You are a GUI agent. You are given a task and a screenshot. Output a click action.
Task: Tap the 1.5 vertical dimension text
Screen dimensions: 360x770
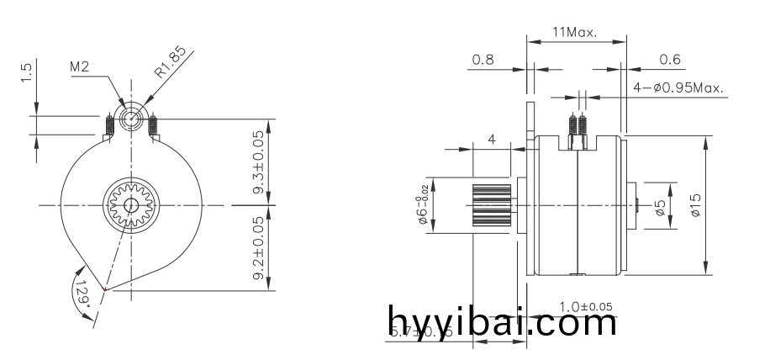tap(27, 73)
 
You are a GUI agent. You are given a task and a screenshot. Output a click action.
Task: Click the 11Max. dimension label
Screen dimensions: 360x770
tap(574, 34)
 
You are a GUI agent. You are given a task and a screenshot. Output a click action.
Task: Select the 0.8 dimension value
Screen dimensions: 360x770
tap(483, 60)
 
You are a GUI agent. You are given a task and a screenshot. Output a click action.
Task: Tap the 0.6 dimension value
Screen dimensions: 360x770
tap(670, 60)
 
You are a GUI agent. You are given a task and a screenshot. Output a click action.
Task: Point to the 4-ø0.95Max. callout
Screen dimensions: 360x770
tap(678, 87)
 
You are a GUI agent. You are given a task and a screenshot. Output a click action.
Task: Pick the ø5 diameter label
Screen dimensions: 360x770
tap(661, 206)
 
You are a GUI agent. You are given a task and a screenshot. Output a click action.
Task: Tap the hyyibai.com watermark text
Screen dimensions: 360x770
tap(503, 322)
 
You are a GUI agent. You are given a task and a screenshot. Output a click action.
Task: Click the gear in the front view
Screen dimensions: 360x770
tap(130, 205)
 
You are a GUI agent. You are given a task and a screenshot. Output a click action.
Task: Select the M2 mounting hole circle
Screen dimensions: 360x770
tap(130, 118)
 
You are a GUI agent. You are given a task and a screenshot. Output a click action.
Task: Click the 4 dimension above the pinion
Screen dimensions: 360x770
tap(492, 139)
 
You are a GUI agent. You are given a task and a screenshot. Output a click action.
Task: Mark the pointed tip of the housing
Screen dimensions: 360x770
tap(104, 290)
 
